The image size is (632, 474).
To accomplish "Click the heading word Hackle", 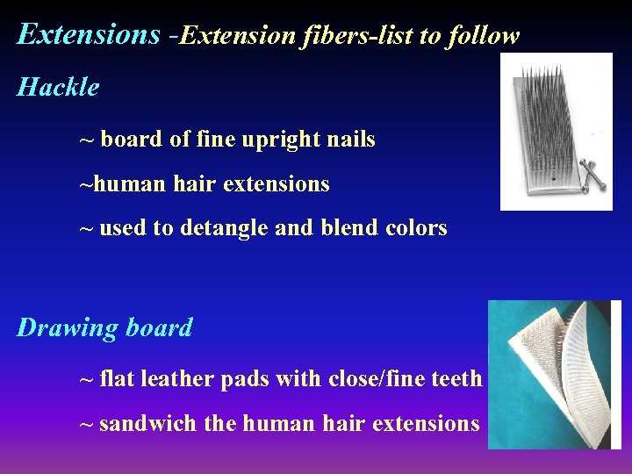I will pyautogui.click(x=58, y=88).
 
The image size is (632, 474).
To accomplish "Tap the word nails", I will pyautogui.click(x=350, y=140).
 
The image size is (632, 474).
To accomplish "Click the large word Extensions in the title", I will pyautogui.click(x=88, y=34).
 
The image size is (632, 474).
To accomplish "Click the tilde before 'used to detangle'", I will pyautogui.click(x=86, y=228).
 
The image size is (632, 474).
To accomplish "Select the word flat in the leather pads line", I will pyautogui.click(x=117, y=379).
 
